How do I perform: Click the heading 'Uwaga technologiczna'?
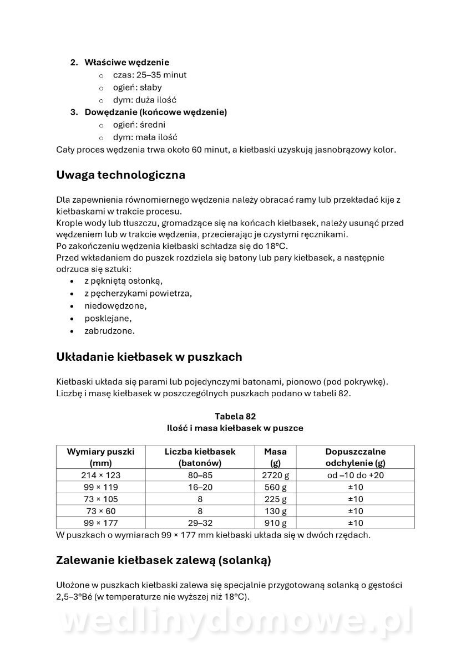coord(120,175)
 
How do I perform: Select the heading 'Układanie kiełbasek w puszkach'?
coord(149,357)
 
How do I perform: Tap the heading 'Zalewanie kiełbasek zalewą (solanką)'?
coord(163,560)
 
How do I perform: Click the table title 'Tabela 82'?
coord(235,416)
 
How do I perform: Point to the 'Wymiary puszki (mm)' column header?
coord(100,457)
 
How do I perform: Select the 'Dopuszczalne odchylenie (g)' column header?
coord(355,457)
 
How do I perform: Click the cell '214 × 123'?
coord(100,475)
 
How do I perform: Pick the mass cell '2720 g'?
coord(275,475)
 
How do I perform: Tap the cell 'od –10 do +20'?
coord(355,475)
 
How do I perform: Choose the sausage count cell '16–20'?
coord(200,487)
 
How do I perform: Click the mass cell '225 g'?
coord(275,499)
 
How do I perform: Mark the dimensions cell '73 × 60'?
coord(100,511)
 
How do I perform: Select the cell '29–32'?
coord(200,523)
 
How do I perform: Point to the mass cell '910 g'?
coord(275,523)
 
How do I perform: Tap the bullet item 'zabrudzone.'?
coord(109,331)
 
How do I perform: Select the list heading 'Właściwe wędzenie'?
coord(126,62)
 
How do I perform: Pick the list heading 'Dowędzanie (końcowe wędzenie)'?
coord(155,112)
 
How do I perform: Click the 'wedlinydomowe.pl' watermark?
coord(235,622)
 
